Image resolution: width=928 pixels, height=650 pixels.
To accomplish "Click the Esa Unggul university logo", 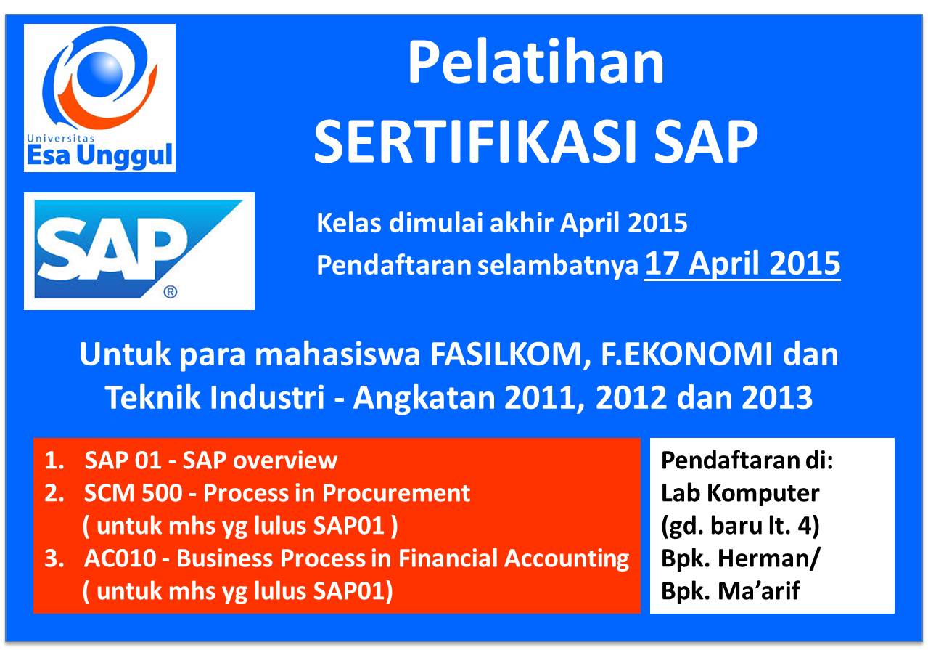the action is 99,98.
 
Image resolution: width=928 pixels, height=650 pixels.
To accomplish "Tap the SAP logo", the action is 139,251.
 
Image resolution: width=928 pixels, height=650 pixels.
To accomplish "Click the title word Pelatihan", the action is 536,63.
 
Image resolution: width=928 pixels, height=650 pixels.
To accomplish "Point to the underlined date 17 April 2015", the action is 742,264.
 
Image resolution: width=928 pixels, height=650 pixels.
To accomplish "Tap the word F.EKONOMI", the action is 686,354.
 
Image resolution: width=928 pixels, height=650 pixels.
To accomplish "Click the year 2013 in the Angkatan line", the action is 777,397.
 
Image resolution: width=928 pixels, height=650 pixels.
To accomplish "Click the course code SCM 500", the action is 133,494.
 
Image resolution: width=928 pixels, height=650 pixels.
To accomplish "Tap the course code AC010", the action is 120,558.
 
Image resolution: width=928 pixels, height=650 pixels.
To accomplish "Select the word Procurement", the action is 396,494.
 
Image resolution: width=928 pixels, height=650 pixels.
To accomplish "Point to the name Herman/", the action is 768,558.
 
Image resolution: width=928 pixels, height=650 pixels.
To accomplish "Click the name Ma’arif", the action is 759,591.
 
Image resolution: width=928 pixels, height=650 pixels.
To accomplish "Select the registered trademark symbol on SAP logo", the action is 171,292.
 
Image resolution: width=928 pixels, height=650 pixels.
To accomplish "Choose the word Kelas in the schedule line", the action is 349,223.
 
